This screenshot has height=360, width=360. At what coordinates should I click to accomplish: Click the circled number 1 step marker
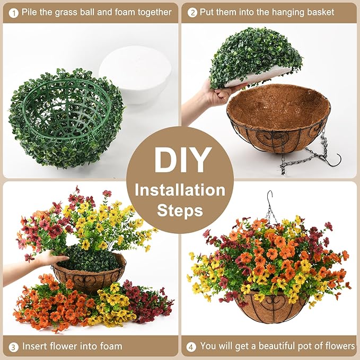click(12, 12)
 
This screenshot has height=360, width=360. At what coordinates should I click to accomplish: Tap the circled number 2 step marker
click(192, 12)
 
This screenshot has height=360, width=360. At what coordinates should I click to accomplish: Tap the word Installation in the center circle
click(180, 190)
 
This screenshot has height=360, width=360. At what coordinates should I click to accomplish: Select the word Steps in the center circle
click(180, 210)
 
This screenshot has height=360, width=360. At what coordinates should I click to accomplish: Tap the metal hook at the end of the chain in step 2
click(331, 160)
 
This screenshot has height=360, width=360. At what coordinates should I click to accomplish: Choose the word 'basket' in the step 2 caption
click(320, 12)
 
